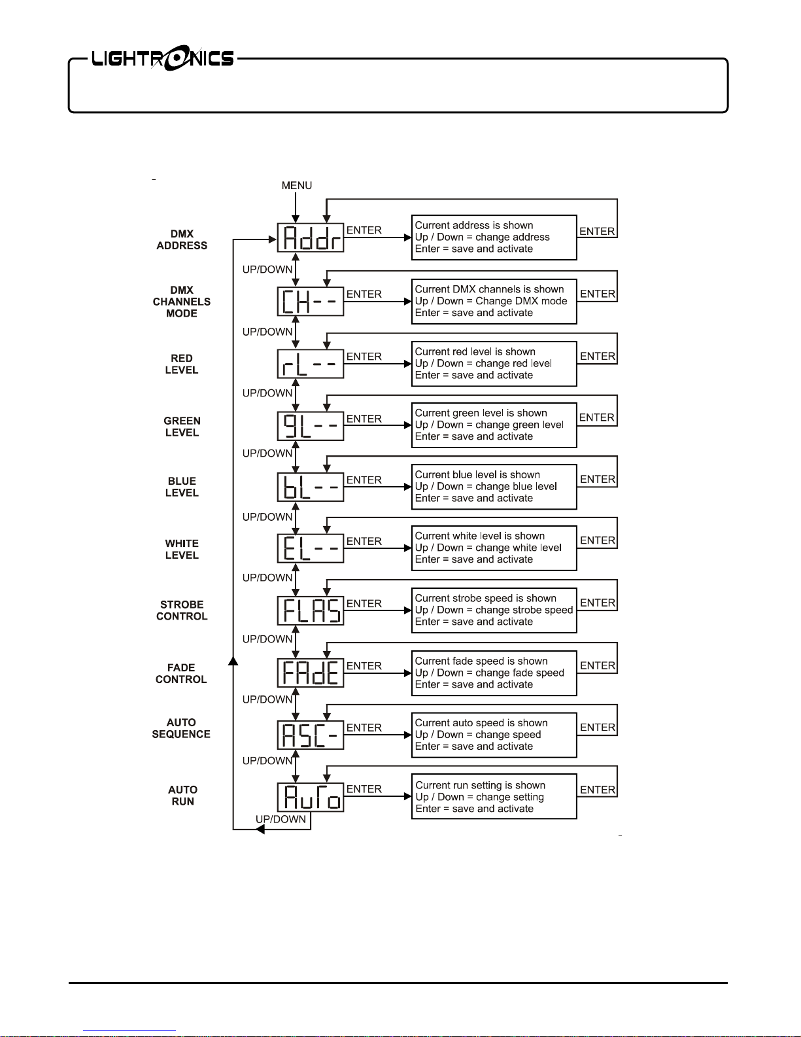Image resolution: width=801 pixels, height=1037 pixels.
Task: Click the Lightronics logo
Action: (162, 60)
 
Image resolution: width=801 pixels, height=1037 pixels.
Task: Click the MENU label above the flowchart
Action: (296, 186)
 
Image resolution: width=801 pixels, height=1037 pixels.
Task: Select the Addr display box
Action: (311, 237)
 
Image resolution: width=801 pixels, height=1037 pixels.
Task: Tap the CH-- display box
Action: (311, 302)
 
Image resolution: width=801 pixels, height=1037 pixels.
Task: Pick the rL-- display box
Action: (311, 364)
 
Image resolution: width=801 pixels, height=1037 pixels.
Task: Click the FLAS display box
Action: (311, 610)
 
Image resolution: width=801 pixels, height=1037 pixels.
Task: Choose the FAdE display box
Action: (311, 673)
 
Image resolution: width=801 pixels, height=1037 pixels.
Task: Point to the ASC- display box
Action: (311, 735)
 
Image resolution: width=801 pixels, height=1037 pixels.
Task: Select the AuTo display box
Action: (311, 797)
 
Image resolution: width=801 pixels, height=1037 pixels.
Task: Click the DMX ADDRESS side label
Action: (182, 240)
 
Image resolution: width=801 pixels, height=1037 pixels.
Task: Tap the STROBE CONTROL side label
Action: (182, 610)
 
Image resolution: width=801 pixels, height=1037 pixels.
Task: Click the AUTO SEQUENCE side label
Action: (181, 728)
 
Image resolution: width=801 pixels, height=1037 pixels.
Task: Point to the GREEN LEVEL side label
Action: (182, 427)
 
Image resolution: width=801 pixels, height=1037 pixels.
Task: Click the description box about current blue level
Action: (494, 487)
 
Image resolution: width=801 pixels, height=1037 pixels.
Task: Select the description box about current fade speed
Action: (494, 673)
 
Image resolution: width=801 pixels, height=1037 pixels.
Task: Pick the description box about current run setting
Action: (494, 797)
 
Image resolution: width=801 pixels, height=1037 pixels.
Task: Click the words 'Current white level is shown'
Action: (479, 536)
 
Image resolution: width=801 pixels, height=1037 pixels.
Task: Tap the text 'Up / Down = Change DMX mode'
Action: (491, 301)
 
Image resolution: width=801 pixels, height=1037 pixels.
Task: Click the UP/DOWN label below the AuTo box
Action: (281, 819)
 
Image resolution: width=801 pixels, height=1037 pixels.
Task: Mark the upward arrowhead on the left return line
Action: (233, 661)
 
